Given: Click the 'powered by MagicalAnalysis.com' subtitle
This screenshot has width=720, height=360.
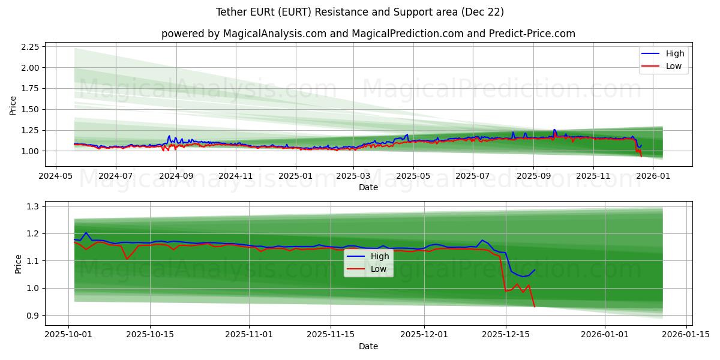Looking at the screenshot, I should tap(368, 34).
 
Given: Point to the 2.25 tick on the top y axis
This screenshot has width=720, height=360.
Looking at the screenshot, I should tap(29, 47).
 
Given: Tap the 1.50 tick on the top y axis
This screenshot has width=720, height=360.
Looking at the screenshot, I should tap(29, 109).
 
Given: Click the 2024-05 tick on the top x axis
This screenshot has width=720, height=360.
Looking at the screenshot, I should tap(56, 176).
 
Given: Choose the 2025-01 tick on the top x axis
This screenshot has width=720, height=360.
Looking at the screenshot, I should tap(295, 176).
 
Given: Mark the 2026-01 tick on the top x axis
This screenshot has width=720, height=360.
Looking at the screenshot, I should tap(652, 176).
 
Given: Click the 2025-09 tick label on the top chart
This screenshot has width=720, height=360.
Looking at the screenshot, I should tap(533, 176).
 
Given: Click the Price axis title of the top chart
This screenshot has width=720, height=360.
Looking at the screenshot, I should tap(13, 106).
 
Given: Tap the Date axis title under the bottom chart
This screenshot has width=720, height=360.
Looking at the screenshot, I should tap(368, 346).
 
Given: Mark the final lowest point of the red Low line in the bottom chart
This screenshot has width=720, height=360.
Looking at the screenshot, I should tap(535, 307).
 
